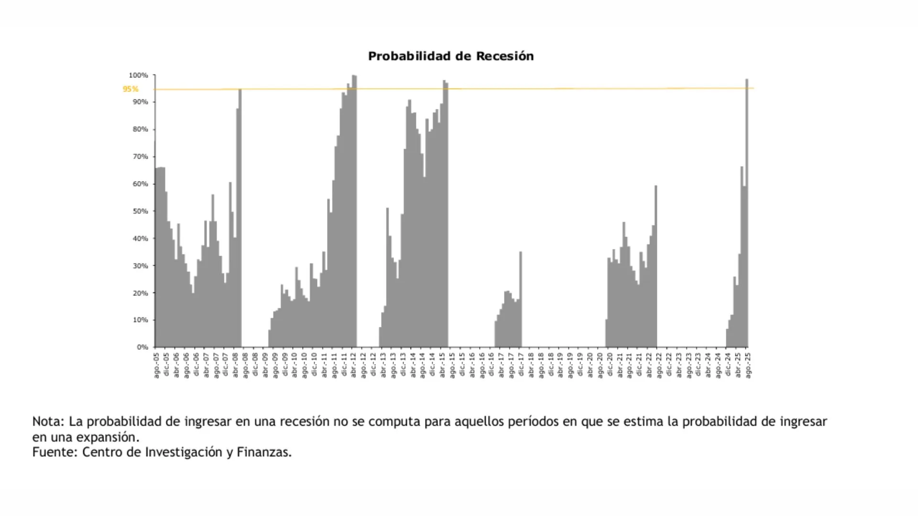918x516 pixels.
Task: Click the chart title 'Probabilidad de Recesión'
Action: tap(450, 56)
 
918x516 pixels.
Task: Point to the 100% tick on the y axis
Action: tap(138, 75)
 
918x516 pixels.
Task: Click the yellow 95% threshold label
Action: tap(130, 89)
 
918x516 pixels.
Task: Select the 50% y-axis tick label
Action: tap(140, 211)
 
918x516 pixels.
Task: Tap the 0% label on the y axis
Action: tap(142, 347)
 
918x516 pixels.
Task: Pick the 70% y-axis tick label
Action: tap(140, 157)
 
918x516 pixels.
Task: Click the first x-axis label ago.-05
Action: tap(156, 365)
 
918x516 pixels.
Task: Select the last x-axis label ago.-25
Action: tap(748, 365)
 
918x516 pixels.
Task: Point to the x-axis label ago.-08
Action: tap(245, 365)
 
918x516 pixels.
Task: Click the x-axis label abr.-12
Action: tap(354, 365)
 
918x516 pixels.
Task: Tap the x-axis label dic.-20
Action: tap(610, 365)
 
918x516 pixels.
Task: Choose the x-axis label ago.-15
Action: tap(452, 365)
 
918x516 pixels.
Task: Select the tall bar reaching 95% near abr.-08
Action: tap(240, 215)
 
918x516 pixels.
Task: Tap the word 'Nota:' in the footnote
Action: tap(48, 421)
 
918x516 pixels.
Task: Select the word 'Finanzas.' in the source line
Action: tap(264, 452)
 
